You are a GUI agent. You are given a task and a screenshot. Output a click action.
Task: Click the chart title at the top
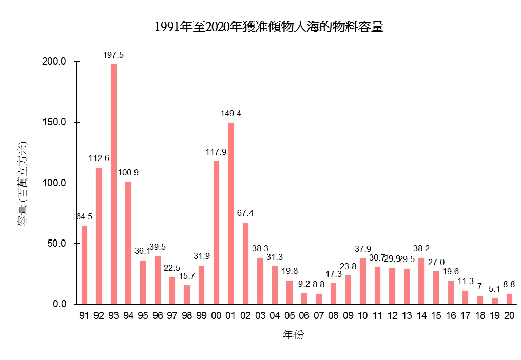tap(269, 27)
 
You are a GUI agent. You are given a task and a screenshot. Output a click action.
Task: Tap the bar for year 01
tap(231, 213)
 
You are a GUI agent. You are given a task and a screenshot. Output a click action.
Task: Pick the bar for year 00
tap(216, 232)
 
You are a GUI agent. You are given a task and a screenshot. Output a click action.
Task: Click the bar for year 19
tap(494, 301)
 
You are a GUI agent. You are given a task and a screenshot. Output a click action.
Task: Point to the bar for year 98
tap(187, 294)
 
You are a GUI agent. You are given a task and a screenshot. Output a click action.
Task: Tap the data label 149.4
tap(231, 113)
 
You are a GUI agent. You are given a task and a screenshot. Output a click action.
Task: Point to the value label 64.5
tap(84, 217)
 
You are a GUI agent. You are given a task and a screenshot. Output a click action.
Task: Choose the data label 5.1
tap(494, 289)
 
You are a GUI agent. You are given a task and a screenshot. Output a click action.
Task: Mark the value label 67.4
tap(245, 213)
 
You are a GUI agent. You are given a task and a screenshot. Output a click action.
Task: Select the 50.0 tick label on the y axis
tap(57, 243)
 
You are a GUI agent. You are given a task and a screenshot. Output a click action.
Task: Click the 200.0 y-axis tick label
tap(56, 62)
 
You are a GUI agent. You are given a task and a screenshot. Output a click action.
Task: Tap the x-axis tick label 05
tap(290, 315)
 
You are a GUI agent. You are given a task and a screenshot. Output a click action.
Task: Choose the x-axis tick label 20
tap(509, 315)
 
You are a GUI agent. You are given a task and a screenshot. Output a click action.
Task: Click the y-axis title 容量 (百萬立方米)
tap(24, 183)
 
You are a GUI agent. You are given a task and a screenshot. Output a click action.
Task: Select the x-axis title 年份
tap(294, 335)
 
